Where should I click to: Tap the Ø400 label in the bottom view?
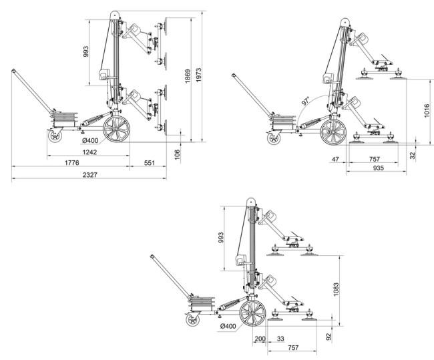[228, 326]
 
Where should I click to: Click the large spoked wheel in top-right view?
[332, 132]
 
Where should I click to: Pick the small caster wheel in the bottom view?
[193, 323]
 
